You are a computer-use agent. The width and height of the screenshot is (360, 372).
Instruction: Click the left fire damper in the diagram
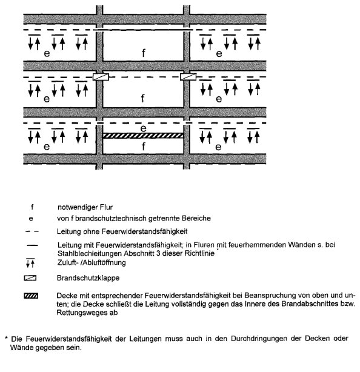pos(101,77)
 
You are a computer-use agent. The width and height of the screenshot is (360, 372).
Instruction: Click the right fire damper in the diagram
pos(188,76)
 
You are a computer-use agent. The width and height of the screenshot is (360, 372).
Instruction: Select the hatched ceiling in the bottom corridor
pos(143,136)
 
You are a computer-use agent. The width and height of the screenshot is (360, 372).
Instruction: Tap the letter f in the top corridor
pos(144,53)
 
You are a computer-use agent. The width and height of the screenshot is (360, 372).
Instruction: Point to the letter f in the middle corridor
pos(142,98)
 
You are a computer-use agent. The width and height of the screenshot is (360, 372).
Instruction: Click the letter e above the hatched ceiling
pos(144,128)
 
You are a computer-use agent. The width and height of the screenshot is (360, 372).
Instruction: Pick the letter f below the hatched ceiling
pos(144,147)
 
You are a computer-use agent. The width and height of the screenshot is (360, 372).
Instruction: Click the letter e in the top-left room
pos(47,53)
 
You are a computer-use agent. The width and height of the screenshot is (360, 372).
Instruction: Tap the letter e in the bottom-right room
pos(218,147)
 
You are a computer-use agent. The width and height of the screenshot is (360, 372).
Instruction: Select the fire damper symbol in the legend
pos(30,278)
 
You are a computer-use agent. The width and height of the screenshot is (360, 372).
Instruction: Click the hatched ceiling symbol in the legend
pos(31,296)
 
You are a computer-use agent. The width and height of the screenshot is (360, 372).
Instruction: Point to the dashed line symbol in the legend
pos(32,231)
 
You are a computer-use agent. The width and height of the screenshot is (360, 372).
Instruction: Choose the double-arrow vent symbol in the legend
pos(30,263)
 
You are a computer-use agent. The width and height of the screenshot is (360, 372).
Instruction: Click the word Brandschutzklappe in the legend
pos(88,278)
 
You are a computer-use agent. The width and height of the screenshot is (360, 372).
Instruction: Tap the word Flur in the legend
pos(107,207)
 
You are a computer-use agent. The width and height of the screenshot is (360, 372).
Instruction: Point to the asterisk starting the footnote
pos(7,337)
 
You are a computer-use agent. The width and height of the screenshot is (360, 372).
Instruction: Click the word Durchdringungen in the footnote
pos(259,339)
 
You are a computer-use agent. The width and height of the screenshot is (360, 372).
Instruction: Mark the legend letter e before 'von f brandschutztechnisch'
pos(31,219)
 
